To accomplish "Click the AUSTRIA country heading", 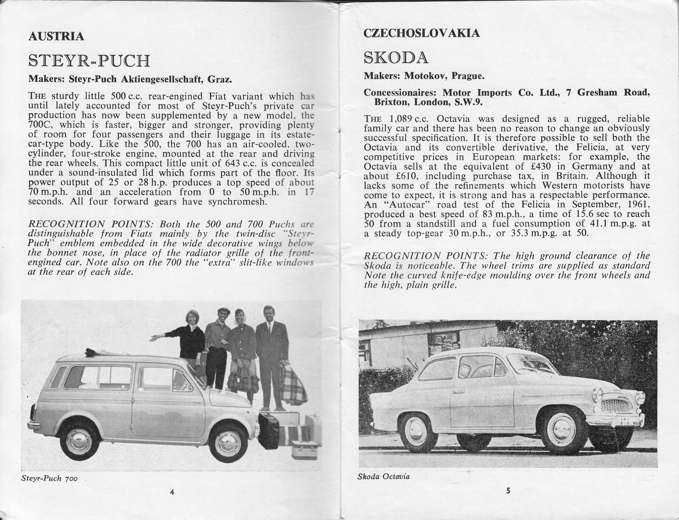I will click(x=56, y=36).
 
